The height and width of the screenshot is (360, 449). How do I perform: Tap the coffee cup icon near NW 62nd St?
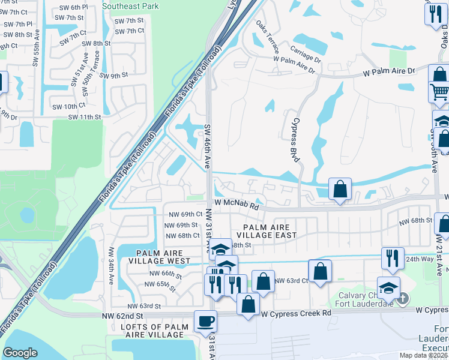[x=205, y=321]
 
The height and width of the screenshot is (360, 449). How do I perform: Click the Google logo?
[x=20, y=352]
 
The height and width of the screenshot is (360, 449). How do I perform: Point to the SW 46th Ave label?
[x=207, y=145]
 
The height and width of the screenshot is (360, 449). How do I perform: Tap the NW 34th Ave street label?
[x=111, y=265]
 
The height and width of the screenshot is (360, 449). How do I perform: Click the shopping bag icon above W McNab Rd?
[x=340, y=189]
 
